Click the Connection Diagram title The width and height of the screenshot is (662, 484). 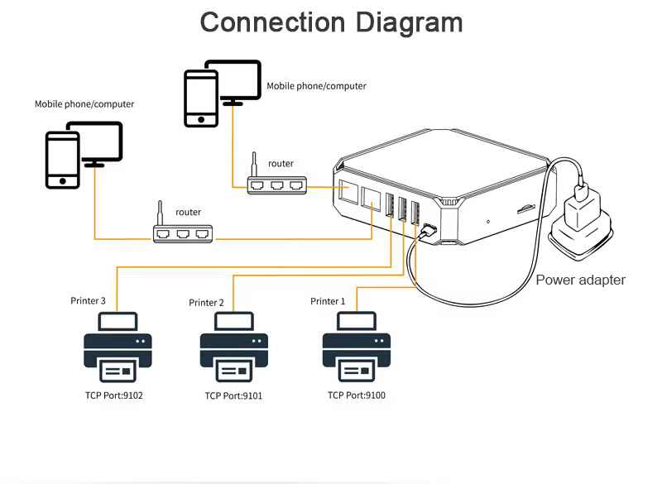coord(331,22)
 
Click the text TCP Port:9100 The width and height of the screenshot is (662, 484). coord(357,395)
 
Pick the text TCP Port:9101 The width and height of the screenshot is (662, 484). coord(234,396)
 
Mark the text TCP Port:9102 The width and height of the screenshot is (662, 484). coord(114,396)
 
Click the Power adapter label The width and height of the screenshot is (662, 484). coord(580,280)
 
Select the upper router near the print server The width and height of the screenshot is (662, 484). coord(277,186)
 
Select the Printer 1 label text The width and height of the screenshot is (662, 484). coord(328,301)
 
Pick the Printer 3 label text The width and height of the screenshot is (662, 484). coord(88,300)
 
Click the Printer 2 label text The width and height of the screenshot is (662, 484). coord(206,303)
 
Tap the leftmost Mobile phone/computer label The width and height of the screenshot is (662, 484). coord(84,105)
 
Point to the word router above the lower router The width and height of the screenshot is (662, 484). coord(189,213)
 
